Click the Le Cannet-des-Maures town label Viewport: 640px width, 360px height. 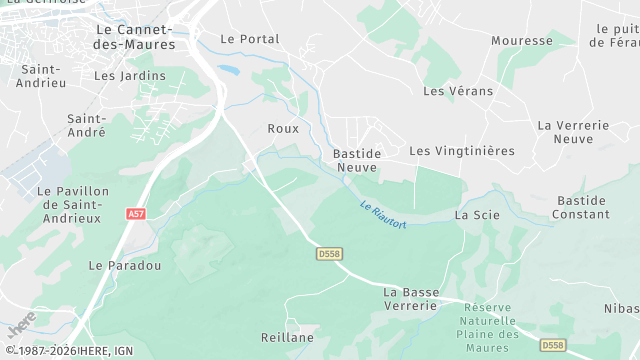click(x=134, y=37)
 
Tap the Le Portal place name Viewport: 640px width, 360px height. click(x=249, y=39)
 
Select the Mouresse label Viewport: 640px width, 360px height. click(x=522, y=41)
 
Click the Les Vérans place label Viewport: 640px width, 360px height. click(x=458, y=91)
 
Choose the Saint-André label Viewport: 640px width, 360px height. click(x=88, y=125)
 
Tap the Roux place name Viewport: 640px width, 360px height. click(x=283, y=128)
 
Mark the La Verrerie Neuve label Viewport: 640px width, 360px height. click(x=573, y=132)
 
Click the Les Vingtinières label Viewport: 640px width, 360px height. click(x=462, y=151)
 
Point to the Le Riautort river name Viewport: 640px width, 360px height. click(x=383, y=214)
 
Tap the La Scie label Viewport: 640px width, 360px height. click(x=477, y=215)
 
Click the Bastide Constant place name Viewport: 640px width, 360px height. click(x=580, y=207)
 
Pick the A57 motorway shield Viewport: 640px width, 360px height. click(x=136, y=214)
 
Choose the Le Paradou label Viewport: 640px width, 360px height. click(x=125, y=266)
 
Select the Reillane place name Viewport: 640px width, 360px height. click(x=287, y=338)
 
